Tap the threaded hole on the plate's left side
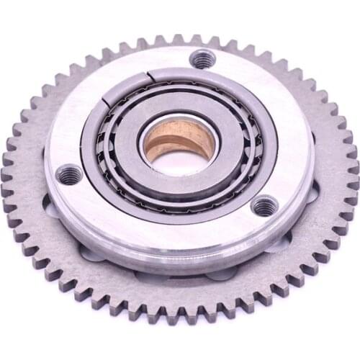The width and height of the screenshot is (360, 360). point(70,174)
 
